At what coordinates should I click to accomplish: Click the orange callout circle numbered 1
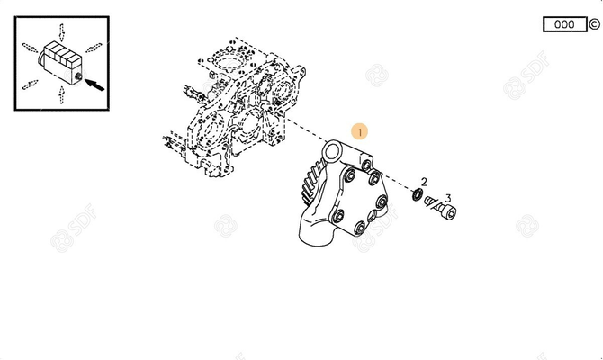[360, 132]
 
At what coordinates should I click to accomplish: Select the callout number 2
[424, 182]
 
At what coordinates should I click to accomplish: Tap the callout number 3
[448, 199]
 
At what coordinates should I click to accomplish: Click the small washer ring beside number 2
[417, 194]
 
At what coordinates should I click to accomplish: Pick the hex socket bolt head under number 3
[449, 212]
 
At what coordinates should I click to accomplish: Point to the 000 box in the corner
[564, 24]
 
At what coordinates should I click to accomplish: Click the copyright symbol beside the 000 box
[594, 24]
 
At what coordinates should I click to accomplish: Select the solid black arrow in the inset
[94, 85]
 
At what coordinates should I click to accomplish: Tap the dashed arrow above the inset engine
[61, 32]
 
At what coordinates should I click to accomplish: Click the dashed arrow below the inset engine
[61, 94]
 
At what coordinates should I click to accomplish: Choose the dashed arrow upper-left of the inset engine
[30, 48]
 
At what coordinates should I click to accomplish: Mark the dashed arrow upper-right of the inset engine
[94, 48]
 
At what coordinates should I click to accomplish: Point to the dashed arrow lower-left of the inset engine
[30, 85]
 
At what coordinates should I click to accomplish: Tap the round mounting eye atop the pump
[331, 152]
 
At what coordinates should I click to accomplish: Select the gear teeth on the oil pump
[310, 182]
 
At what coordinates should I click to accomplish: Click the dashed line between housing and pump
[306, 130]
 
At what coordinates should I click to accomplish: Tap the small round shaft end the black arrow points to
[78, 76]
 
